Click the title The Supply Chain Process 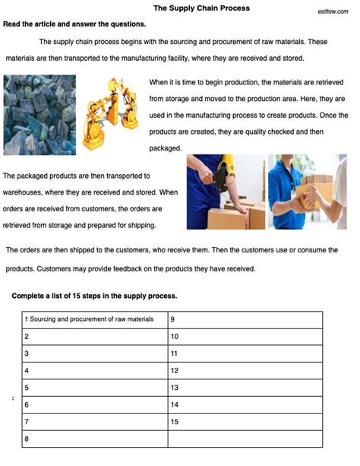coord(201,8)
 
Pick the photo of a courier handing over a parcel coord(307,192)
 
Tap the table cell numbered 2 coord(94,336)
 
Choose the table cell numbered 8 coord(94,439)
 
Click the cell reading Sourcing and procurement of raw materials coord(94,319)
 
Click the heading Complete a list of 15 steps coord(95,296)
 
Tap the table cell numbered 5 coord(94,388)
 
